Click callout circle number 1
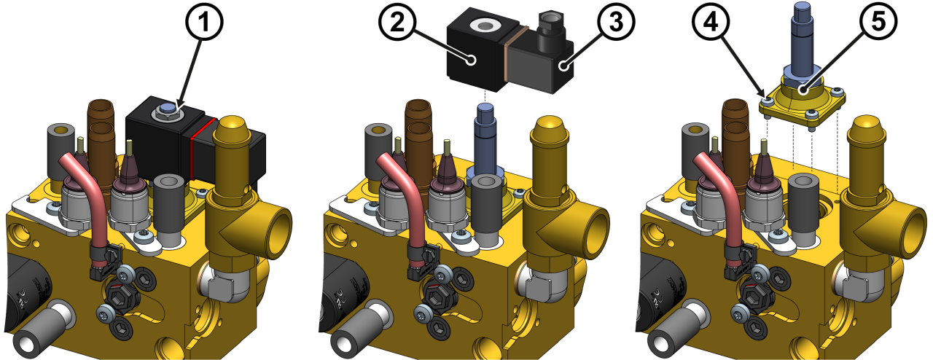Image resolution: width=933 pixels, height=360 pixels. coord(203,22)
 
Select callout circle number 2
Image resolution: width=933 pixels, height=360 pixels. coord(398,22)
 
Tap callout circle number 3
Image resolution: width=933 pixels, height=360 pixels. coord(616,22)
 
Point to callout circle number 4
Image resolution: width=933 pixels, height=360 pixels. coord(711,22)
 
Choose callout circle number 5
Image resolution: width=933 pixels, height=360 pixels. coord(878,22)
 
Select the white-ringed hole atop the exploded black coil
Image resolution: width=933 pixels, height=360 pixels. coord(483,26)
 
